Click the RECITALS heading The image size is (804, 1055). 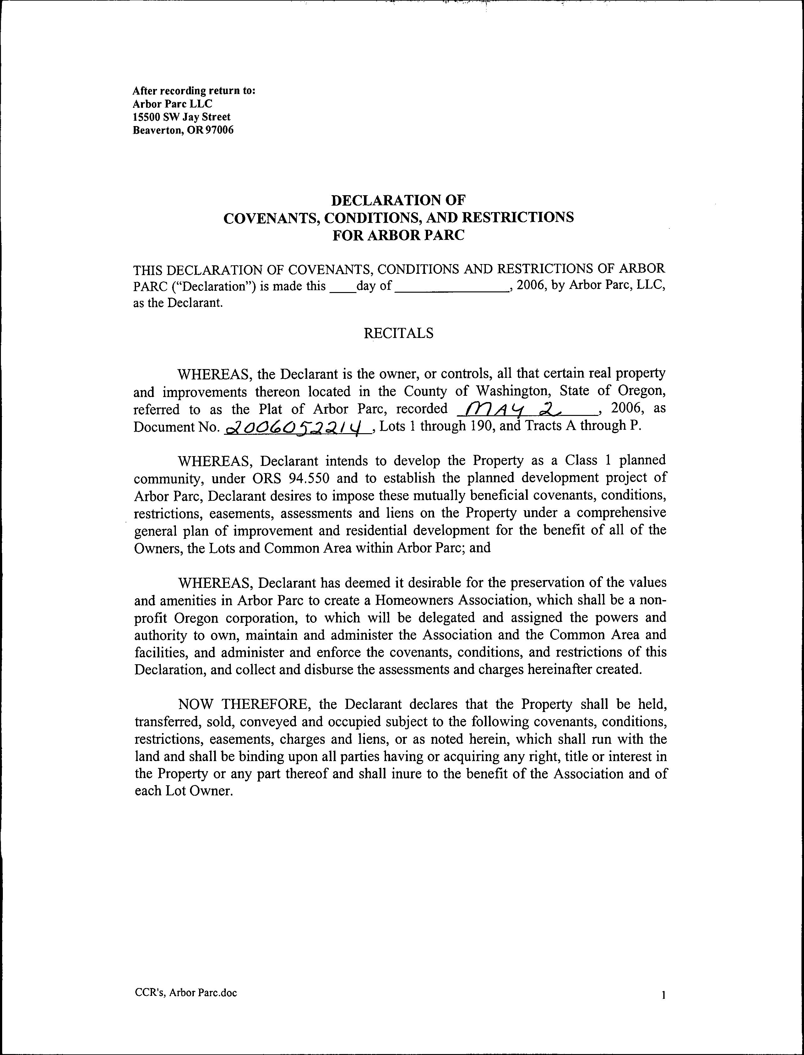[x=399, y=333]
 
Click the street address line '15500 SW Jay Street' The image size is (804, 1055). [x=182, y=117]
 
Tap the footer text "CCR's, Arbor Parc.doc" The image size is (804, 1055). [x=186, y=993]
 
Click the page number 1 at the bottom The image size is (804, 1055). [x=663, y=995]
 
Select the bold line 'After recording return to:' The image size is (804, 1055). [x=194, y=91]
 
